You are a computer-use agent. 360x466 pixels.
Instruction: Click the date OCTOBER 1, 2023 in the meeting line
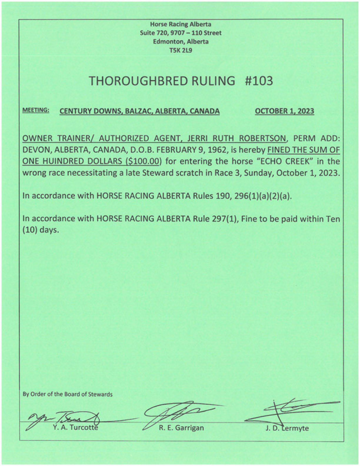click(x=284, y=111)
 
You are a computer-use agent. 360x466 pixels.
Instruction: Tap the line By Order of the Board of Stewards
click(x=68, y=394)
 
